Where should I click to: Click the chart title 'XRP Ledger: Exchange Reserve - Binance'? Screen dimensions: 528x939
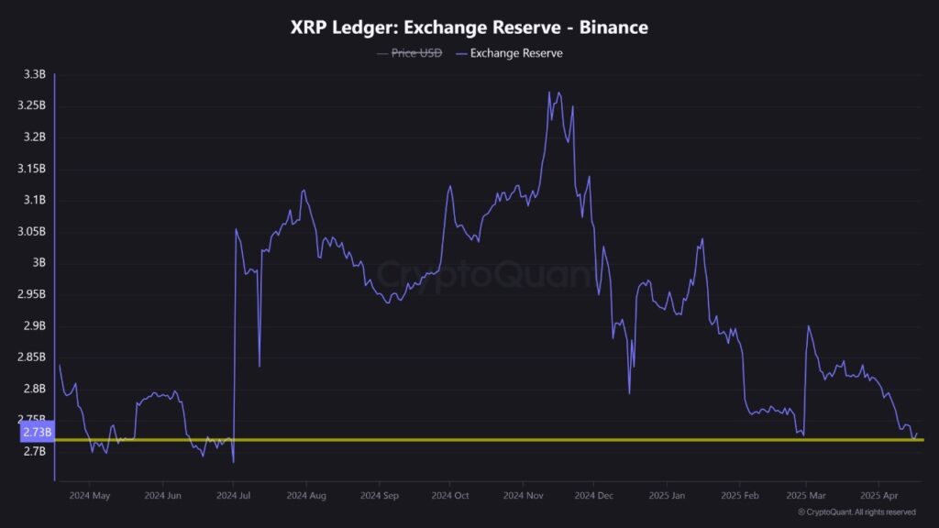pos(469,27)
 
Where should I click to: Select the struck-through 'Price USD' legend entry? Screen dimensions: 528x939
pos(416,53)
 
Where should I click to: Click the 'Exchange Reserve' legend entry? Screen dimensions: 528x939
pos(515,53)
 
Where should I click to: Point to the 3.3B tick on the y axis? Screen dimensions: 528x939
pos(34,74)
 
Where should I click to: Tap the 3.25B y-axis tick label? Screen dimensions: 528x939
pos(31,105)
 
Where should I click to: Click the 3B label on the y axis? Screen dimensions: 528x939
pos(39,263)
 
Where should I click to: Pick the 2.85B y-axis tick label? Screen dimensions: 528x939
pos(31,357)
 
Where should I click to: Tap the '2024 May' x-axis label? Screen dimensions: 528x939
pos(89,496)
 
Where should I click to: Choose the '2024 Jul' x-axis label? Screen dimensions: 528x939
pos(233,496)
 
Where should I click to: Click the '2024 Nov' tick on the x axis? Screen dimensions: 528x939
pos(521,496)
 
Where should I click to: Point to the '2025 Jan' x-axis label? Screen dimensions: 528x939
pos(665,496)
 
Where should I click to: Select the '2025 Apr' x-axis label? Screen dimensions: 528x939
pos(878,496)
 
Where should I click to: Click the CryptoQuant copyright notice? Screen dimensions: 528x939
pos(856,512)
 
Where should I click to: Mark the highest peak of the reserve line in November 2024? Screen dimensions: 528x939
pos(549,92)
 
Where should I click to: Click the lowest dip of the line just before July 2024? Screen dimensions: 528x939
pos(234,462)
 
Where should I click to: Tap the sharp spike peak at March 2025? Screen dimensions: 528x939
pos(808,326)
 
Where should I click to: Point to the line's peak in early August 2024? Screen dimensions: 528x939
pos(303,190)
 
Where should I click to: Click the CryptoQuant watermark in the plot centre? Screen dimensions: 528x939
pos(469,273)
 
